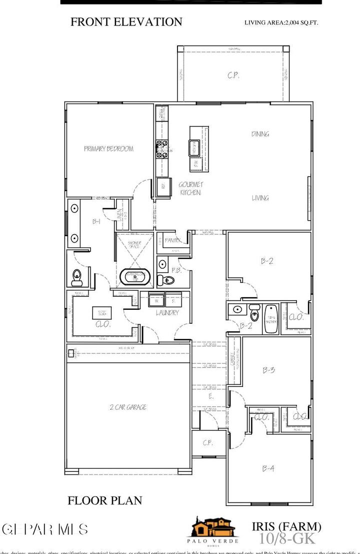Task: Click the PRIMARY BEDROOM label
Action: coord(108,149)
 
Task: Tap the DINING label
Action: coord(260,134)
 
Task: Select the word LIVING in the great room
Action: coord(260,198)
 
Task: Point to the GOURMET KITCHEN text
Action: coord(190,188)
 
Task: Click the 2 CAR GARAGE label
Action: coord(128,407)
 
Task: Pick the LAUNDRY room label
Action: coord(167,313)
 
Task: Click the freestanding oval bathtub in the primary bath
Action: coord(135,276)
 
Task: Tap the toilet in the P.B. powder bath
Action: coord(161,278)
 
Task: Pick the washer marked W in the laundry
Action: coord(155,301)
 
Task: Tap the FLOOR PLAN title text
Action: coord(104,500)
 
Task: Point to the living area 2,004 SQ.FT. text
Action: coord(281,23)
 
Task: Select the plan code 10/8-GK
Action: coord(286,538)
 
